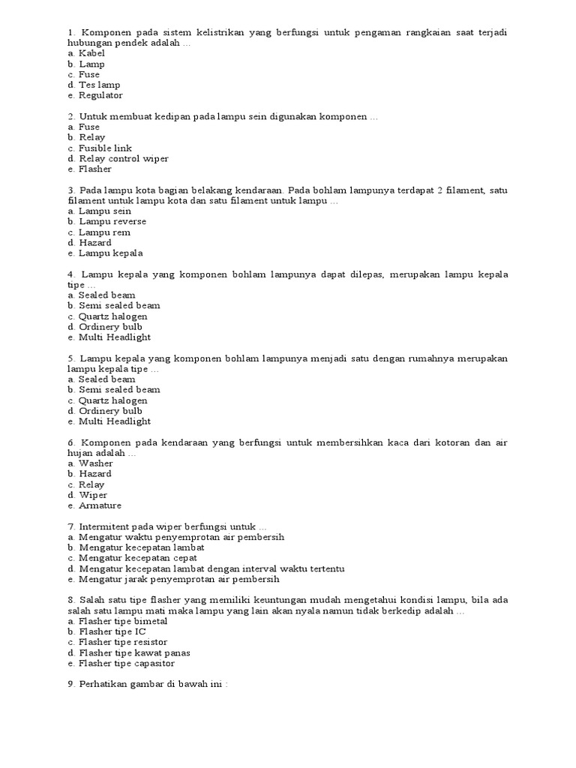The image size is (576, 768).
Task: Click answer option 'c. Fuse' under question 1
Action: coord(83,75)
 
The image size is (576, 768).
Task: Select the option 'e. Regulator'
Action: coord(94,96)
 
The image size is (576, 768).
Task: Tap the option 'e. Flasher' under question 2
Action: coord(89,169)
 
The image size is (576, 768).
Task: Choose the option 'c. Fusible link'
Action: coord(99,148)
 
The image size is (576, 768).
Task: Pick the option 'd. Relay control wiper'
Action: coord(118,159)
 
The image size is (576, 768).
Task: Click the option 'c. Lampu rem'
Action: coord(98,232)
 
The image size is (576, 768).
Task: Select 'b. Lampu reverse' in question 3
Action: coord(106,222)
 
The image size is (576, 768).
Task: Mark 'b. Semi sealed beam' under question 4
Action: coord(113,306)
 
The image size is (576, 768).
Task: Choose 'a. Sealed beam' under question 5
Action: coord(101,379)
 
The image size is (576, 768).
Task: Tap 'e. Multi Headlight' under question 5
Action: coord(109,421)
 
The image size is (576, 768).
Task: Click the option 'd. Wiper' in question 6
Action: coord(87,495)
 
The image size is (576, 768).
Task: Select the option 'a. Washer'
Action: coord(90,463)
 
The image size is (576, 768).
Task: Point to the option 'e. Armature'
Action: coord(94,505)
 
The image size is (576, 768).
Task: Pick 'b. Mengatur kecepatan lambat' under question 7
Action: coord(136,547)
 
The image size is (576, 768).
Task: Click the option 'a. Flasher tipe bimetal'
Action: coord(117,621)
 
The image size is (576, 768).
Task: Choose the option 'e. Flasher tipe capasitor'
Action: coord(121,663)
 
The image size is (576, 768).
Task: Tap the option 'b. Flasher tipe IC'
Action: coord(106,631)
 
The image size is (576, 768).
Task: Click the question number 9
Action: coord(70,685)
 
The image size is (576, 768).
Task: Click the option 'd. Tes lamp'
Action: coord(94,85)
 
